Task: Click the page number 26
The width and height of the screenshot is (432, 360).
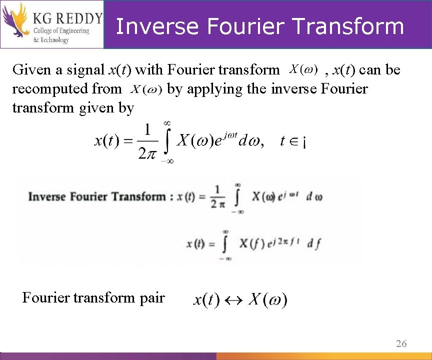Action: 401,343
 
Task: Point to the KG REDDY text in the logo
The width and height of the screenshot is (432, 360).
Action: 67,19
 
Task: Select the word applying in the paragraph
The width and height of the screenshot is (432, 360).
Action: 219,89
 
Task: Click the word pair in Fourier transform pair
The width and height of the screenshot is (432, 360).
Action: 152,298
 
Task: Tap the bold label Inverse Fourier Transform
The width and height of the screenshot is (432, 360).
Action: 97,196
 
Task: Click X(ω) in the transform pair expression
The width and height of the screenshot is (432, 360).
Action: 268,300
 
